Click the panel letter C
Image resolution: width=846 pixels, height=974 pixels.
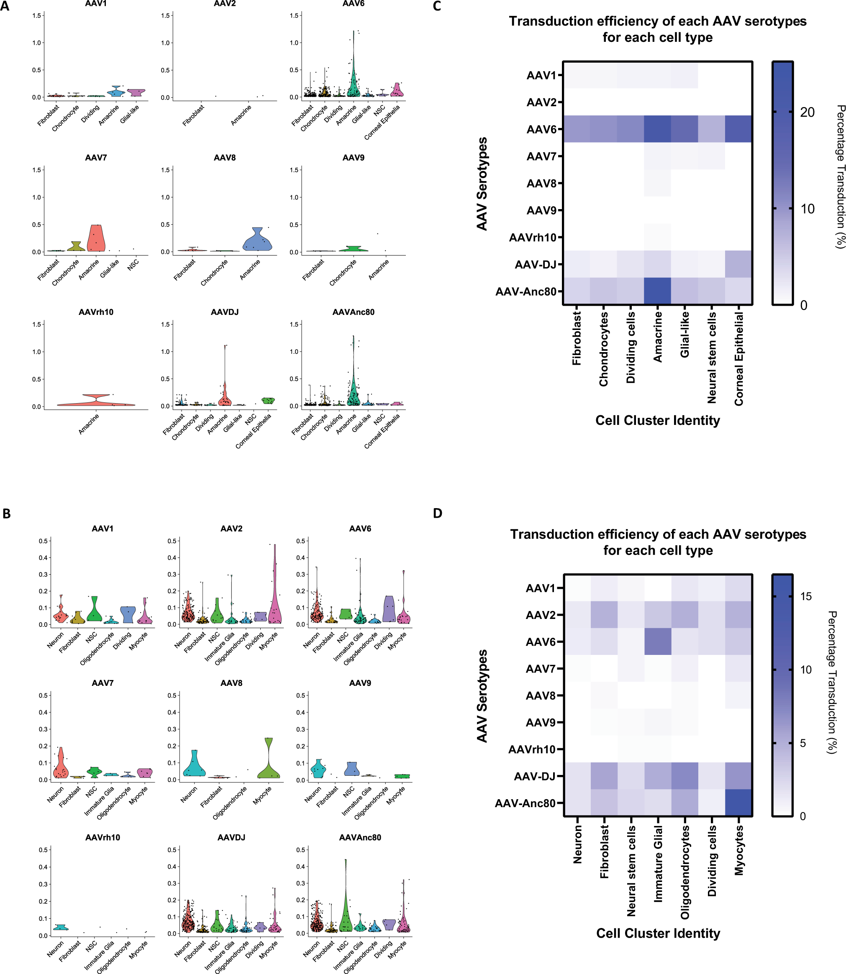click(x=437, y=6)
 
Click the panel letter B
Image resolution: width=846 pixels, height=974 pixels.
click(x=6, y=514)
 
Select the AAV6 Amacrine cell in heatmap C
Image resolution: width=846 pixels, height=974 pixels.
click(x=657, y=129)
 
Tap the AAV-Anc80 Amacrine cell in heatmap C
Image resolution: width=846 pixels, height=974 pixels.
click(x=657, y=291)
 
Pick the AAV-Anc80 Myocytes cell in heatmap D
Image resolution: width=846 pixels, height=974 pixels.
click(x=738, y=803)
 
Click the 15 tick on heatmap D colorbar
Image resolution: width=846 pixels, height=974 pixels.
click(x=806, y=596)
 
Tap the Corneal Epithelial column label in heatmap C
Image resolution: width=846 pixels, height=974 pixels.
click(x=739, y=359)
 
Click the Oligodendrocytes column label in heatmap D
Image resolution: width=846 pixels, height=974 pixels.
click(x=685, y=872)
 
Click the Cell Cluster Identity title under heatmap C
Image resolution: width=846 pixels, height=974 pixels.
click(x=658, y=420)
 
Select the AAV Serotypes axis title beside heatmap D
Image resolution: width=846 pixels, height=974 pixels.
click(x=482, y=696)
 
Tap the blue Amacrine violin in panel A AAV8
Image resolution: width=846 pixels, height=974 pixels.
click(x=257, y=240)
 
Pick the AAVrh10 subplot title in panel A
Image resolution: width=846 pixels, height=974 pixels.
click(x=96, y=312)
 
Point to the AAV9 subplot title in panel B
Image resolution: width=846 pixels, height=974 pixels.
click(x=360, y=683)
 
